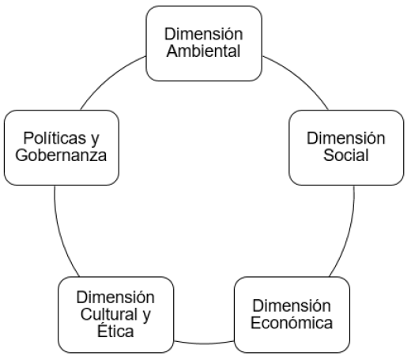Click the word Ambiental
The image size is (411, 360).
203,51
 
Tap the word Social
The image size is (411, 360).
346,155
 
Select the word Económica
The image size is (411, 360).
292,322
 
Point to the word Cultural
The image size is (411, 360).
109,314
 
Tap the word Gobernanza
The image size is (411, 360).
61,155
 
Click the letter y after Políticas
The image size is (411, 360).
95,140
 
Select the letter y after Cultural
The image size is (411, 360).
146,316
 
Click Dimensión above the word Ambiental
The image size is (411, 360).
203,34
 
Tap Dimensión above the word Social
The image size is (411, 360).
346,138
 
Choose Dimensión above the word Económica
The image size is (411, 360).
292,306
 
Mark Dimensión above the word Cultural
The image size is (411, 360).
115,297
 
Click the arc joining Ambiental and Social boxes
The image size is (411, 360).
300,77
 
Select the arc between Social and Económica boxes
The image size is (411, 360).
349,234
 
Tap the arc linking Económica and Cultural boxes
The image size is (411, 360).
204,343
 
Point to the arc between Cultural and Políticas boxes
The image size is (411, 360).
60,234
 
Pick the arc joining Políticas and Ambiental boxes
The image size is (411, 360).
108,77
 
